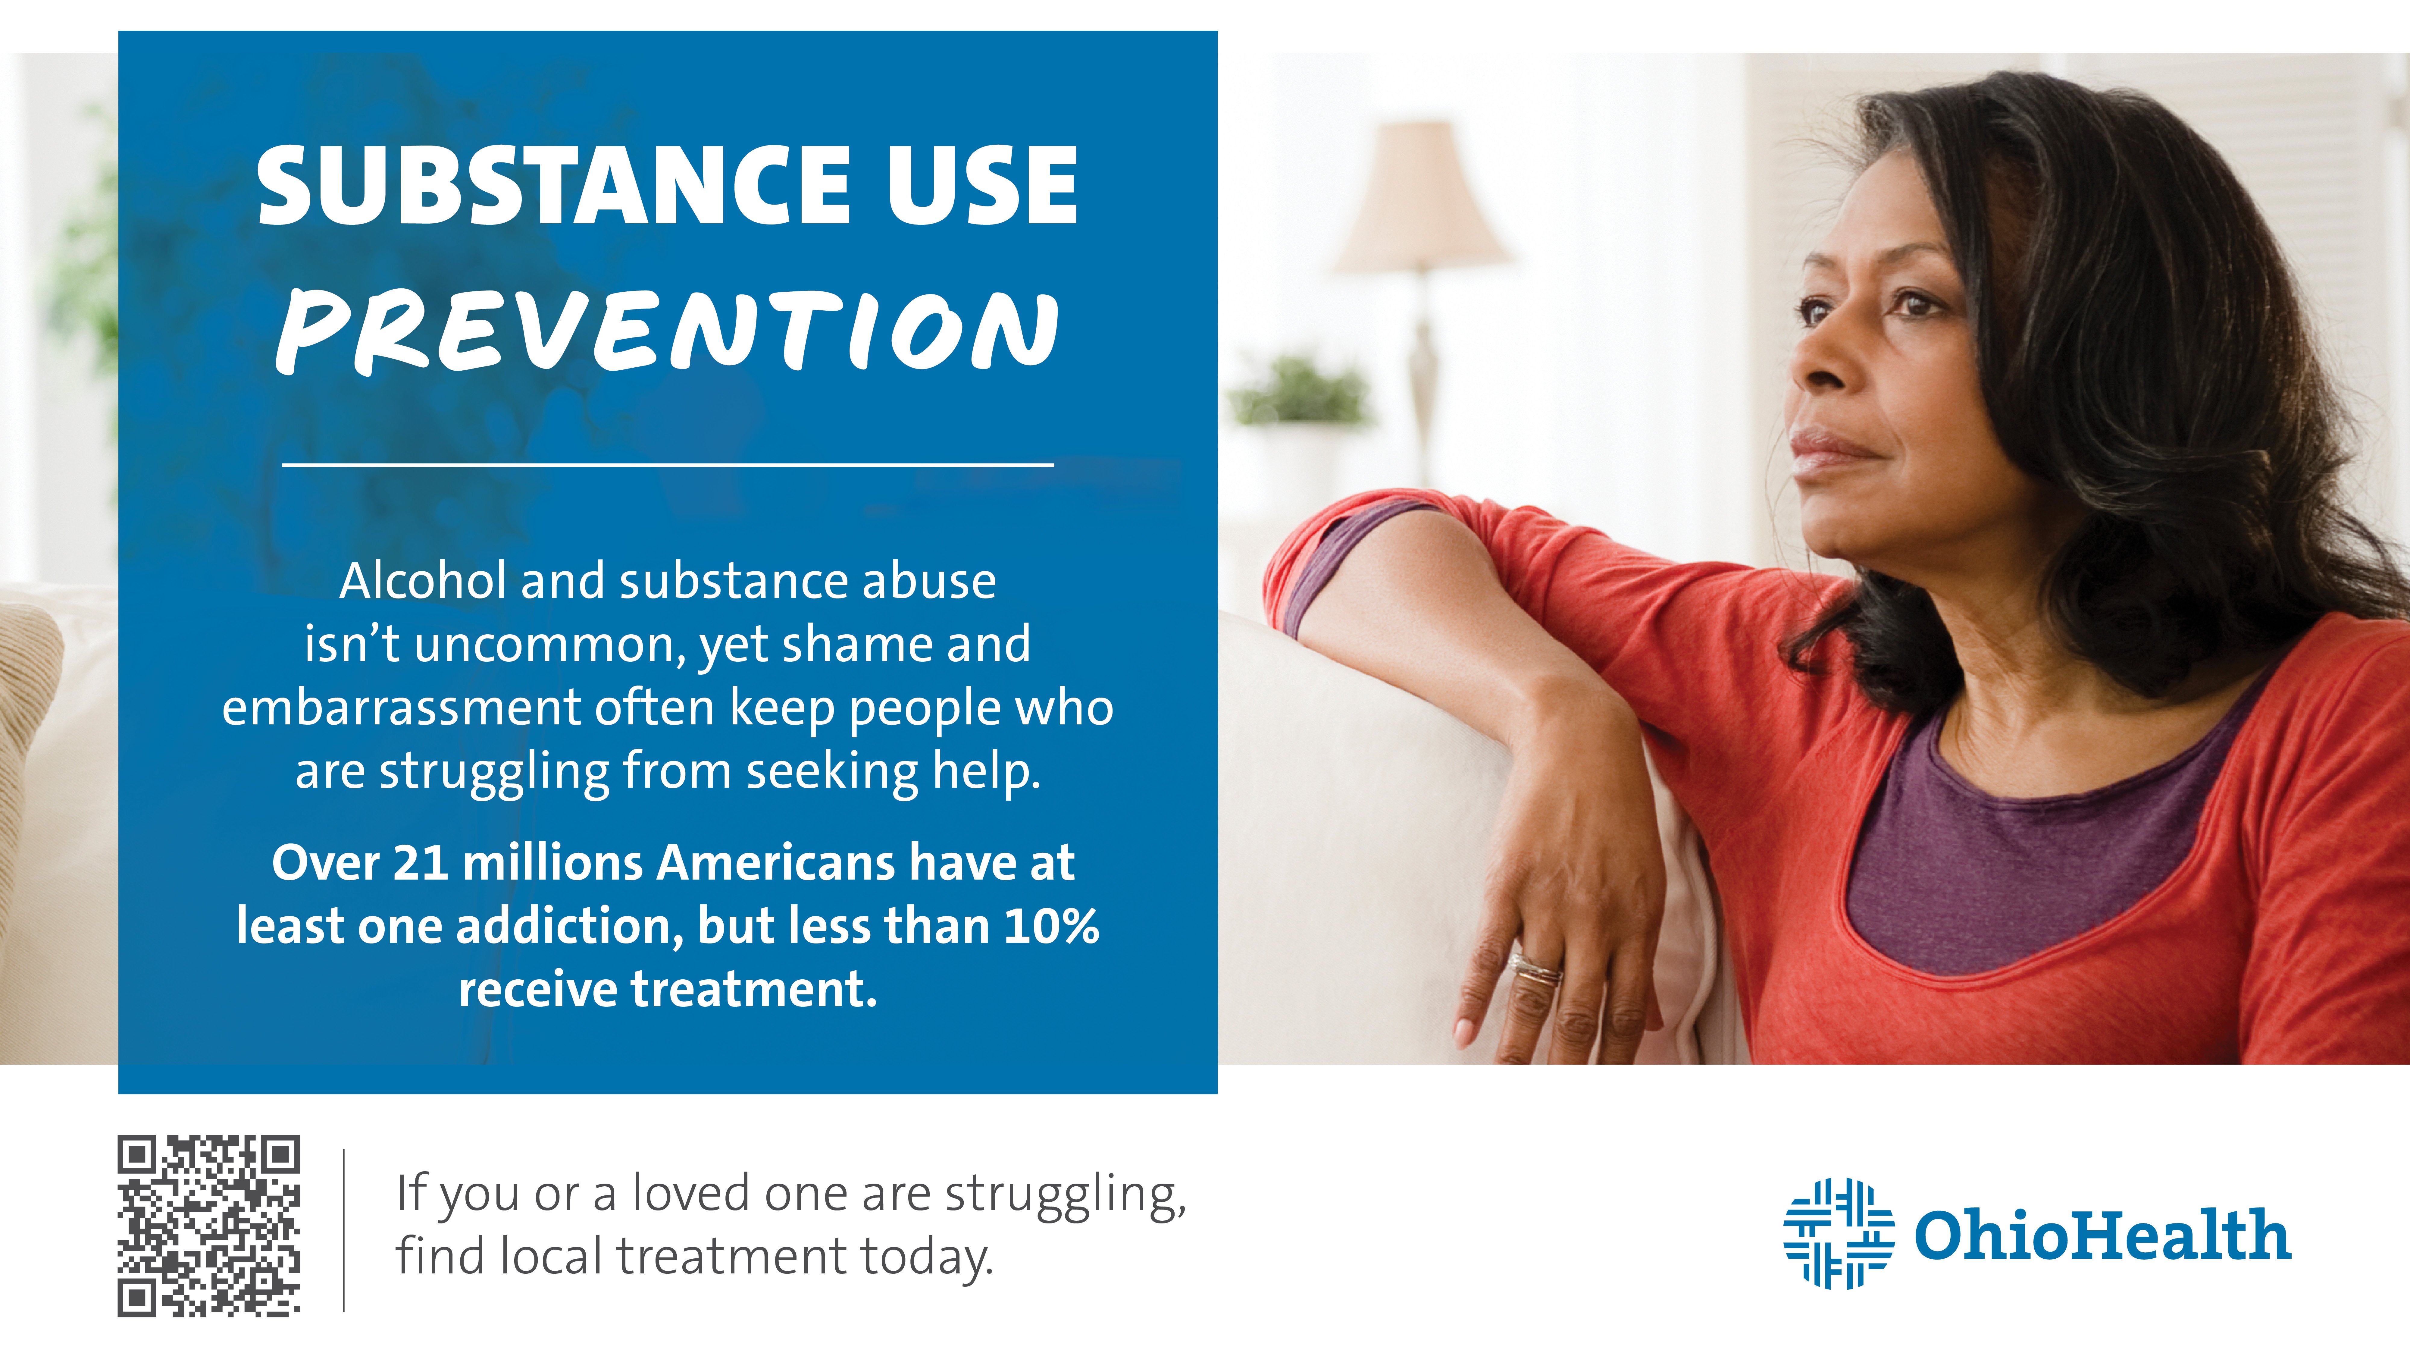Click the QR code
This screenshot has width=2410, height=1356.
point(209,1226)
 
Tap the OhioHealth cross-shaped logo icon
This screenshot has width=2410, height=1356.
point(1838,1233)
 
